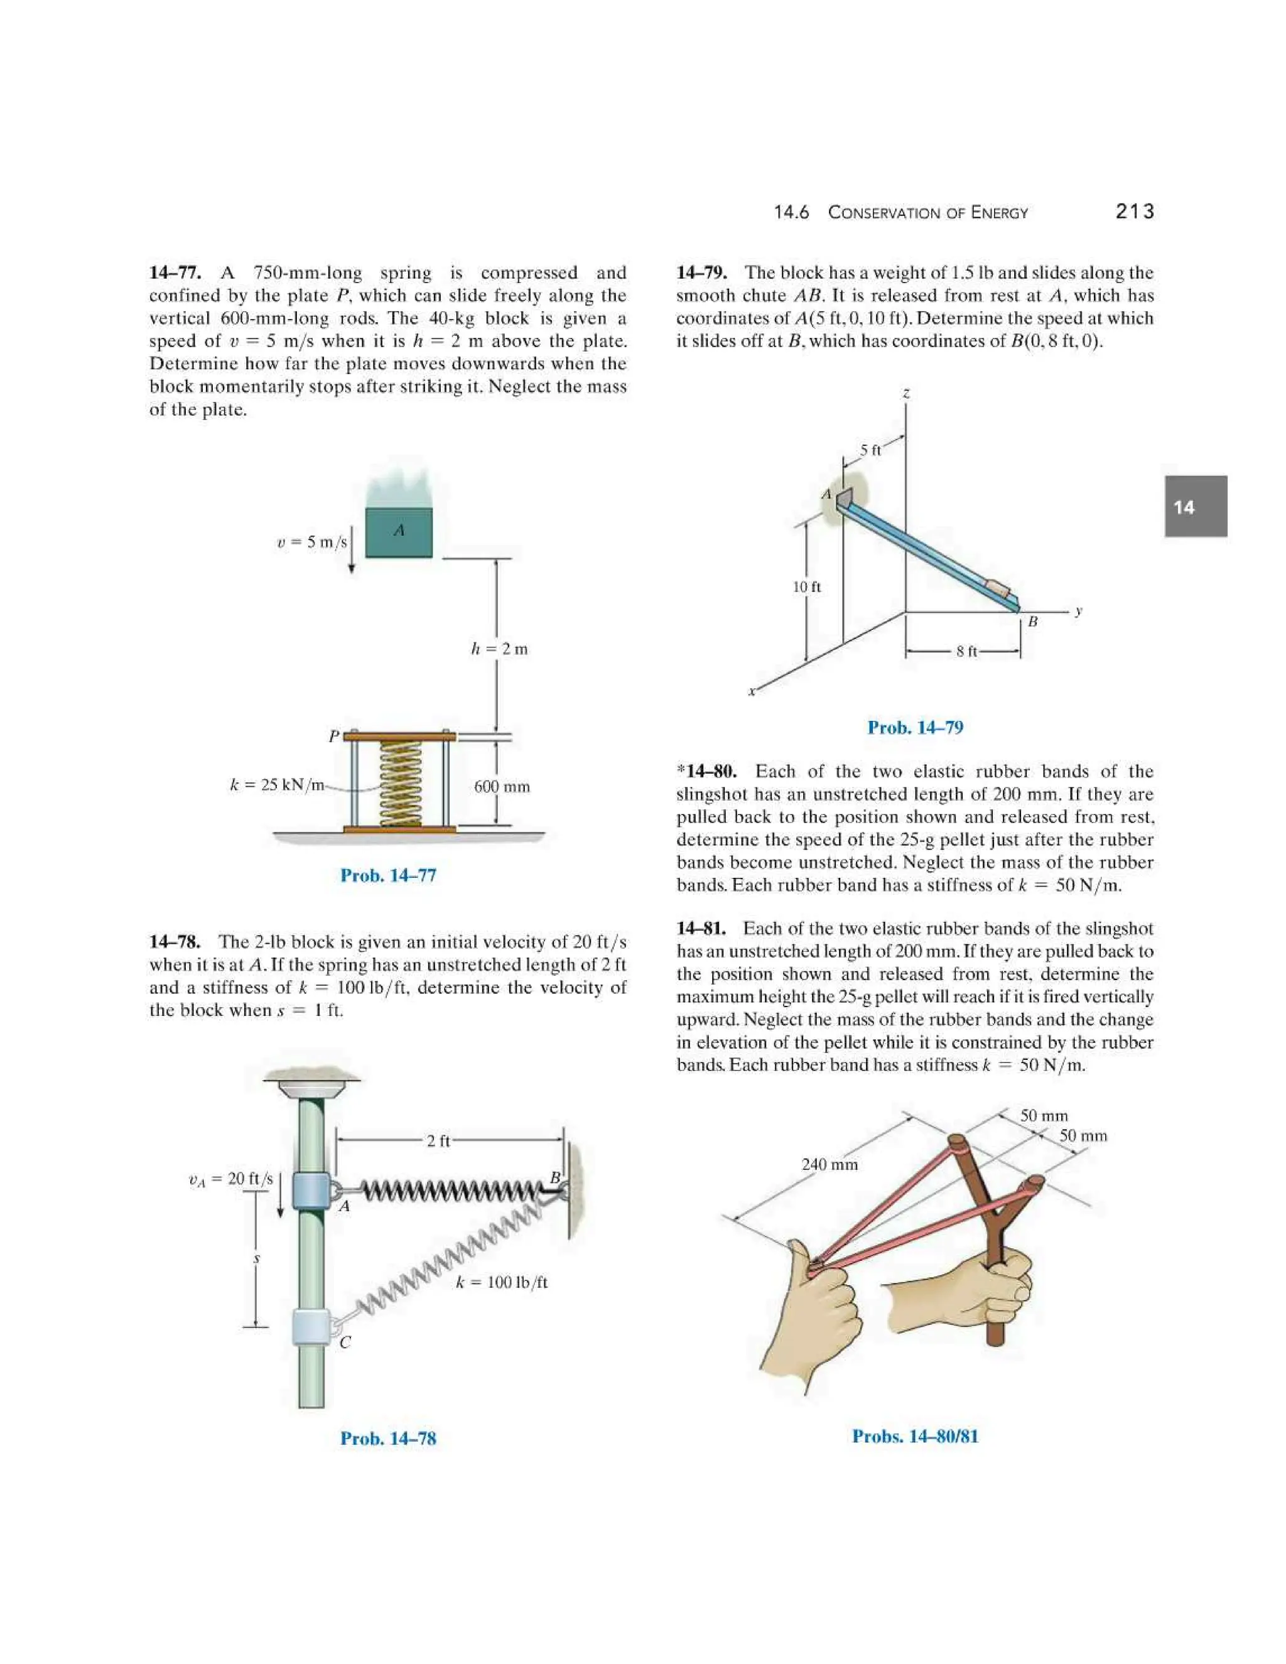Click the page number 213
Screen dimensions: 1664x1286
coord(1135,211)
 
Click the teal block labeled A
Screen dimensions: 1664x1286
coord(399,532)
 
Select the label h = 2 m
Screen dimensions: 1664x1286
coord(499,649)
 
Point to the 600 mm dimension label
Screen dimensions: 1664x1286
coord(501,786)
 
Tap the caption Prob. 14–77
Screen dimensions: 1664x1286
coord(388,875)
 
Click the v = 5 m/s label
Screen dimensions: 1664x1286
coord(311,542)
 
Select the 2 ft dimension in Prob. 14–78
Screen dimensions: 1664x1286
coord(438,1140)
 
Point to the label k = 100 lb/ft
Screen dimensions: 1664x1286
coord(501,1282)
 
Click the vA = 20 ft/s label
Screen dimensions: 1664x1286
coord(230,1179)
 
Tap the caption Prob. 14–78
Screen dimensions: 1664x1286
coord(388,1438)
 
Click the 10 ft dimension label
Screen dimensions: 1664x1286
coord(807,586)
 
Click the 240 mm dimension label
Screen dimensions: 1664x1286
coord(829,1164)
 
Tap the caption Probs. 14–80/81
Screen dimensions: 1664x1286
coord(915,1435)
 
